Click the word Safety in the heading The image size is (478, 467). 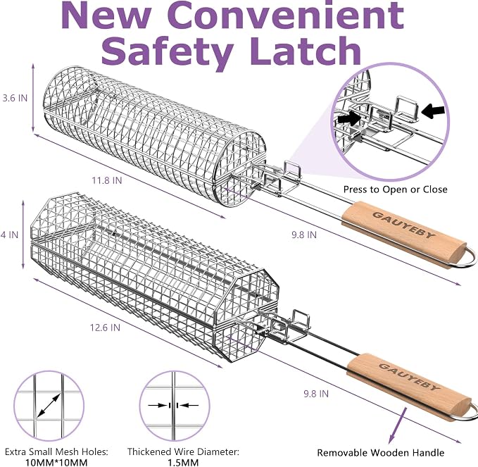click(x=168, y=52)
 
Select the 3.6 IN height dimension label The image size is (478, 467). click(x=15, y=98)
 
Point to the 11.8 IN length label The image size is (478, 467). click(x=107, y=180)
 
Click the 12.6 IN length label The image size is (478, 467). click(x=105, y=328)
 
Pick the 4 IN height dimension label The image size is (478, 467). click(x=9, y=235)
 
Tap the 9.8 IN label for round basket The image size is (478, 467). click(x=304, y=235)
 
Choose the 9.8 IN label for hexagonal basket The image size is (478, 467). click(x=316, y=394)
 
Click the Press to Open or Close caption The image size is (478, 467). click(x=396, y=189)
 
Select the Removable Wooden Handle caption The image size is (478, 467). click(x=380, y=452)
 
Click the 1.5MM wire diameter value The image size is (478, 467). click(x=183, y=463)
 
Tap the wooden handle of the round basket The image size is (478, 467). click(x=404, y=234)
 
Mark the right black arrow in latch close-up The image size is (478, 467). click(x=433, y=111)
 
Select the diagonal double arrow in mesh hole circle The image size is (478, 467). click(x=49, y=406)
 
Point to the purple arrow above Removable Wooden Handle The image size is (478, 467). click(x=398, y=426)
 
